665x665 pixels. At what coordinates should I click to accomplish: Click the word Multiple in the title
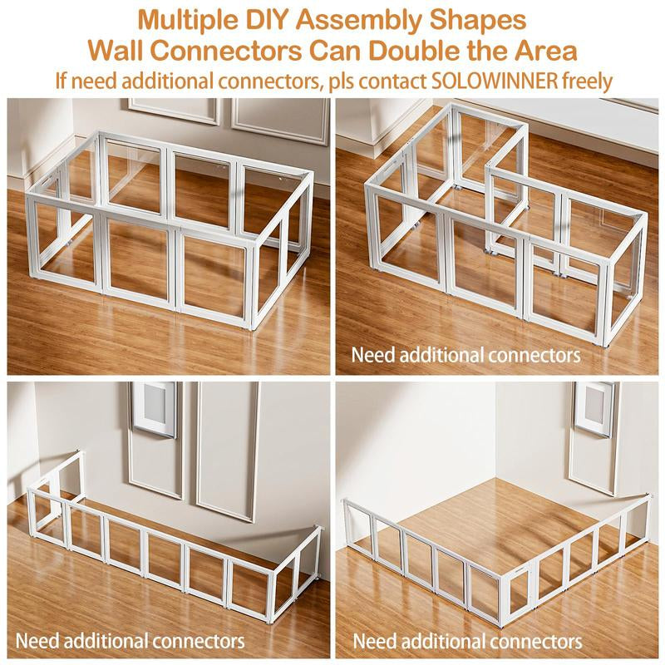pos(191,18)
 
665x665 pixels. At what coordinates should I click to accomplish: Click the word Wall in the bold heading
pos(117,50)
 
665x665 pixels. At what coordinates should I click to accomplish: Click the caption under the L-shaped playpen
pos(465,354)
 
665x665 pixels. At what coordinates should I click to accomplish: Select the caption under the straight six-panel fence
pos(131,641)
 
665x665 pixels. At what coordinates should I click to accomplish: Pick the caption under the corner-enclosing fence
pos(467,641)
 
